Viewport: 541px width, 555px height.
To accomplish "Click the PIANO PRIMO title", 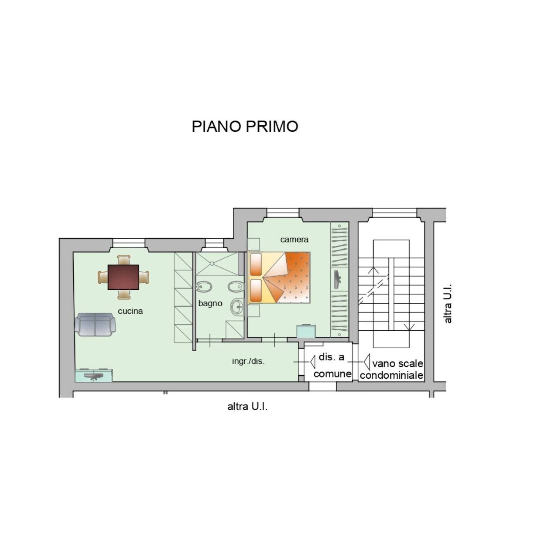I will pos(245,127).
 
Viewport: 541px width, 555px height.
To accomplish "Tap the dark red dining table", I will pos(123,277).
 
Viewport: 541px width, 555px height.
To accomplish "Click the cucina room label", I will pos(130,311).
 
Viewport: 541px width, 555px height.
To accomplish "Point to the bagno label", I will pos(210,303).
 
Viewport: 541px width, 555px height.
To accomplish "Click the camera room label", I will pos(294,239).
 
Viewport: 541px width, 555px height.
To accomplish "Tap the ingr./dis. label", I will pos(248,361).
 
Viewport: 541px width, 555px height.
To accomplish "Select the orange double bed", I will pos(279,277).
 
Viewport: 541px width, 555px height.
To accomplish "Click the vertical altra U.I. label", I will pos(448,304).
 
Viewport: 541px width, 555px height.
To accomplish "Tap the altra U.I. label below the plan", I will pos(247,407).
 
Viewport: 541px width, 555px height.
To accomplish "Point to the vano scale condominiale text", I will pos(392,369).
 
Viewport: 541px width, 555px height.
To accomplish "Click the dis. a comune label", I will pos(332,365).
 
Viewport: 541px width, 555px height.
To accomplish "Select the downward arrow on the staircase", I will pos(409,327).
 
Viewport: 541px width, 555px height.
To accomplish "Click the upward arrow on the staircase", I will pos(373,269).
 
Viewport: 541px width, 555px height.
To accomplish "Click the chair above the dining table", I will pos(123,260).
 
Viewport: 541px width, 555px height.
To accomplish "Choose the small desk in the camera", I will pos(307,330).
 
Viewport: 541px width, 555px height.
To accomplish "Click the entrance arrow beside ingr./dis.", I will pos(312,362).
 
